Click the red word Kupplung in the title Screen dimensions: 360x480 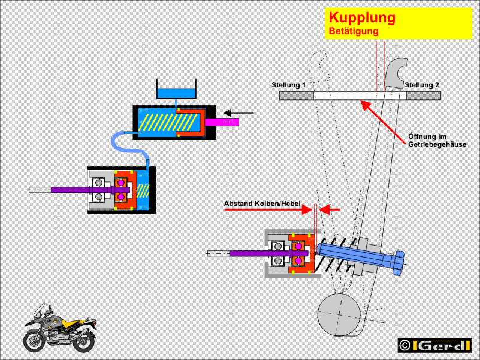coord(362,17)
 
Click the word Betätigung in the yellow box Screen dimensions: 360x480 coord(353,31)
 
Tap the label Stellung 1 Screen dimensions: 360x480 coord(288,86)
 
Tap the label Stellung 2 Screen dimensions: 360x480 coord(422,86)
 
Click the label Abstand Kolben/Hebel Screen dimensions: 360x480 coord(262,204)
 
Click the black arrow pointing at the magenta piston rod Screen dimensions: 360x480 coord(240,112)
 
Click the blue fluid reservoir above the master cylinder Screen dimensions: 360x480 coord(176,93)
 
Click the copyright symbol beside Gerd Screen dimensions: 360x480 coord(405,346)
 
